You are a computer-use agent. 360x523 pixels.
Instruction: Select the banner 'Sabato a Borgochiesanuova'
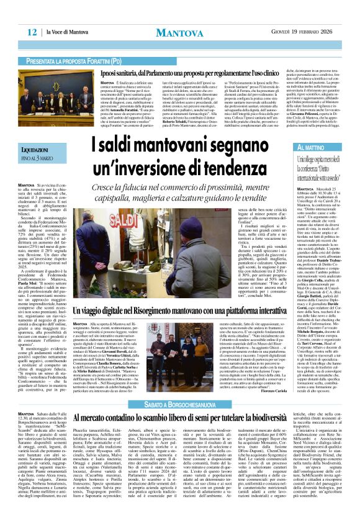[180, 405]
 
